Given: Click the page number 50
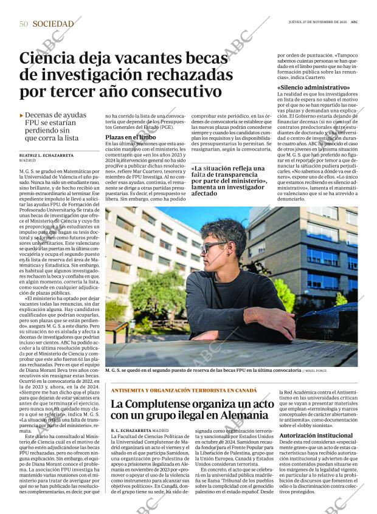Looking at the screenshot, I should click(23, 24).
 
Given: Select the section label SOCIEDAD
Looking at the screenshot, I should click(53, 24).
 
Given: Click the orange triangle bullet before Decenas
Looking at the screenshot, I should click(22, 115).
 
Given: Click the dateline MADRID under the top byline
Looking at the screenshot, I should click(27, 162).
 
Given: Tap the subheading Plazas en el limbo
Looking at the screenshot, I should click(130, 137).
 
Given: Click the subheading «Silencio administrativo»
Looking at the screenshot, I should click(313, 87).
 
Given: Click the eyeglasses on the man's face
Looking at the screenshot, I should click(213, 247).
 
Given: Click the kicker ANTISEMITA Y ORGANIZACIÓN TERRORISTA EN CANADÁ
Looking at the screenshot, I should click(184, 391).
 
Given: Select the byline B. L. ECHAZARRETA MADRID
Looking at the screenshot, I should click(140, 430).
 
